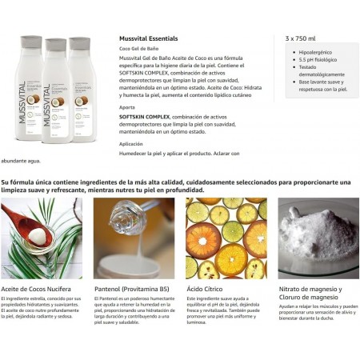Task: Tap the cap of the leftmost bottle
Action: (x=30, y=42)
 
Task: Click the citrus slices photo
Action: (x=226, y=238)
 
